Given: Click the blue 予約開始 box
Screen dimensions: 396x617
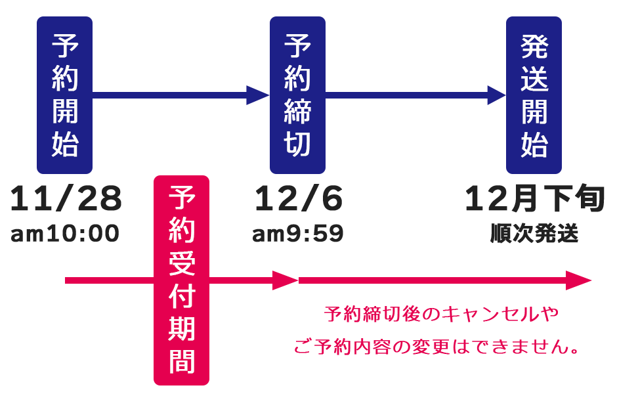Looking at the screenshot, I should (64, 95).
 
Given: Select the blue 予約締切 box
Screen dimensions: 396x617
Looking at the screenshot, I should (297, 95).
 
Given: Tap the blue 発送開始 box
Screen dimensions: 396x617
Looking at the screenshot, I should (534, 95).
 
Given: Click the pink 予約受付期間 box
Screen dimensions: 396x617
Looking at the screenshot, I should (181, 280).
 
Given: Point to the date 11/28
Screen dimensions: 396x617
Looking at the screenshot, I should (66, 200).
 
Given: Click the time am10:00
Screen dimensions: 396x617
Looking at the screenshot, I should (65, 234).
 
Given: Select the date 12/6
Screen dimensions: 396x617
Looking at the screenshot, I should (299, 200).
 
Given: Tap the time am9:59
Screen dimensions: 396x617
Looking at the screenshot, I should (298, 234).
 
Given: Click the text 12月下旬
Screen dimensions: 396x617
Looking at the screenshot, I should (534, 200).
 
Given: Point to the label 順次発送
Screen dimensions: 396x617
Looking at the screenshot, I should (534, 234).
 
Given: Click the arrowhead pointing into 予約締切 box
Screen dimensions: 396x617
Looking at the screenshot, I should (258, 95).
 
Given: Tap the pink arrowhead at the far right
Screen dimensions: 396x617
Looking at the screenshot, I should (579, 280).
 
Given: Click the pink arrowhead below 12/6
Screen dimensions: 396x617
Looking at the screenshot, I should (286, 280).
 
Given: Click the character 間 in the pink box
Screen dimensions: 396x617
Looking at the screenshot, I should (181, 361).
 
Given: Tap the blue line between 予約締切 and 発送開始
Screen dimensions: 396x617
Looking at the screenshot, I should (407, 95).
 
